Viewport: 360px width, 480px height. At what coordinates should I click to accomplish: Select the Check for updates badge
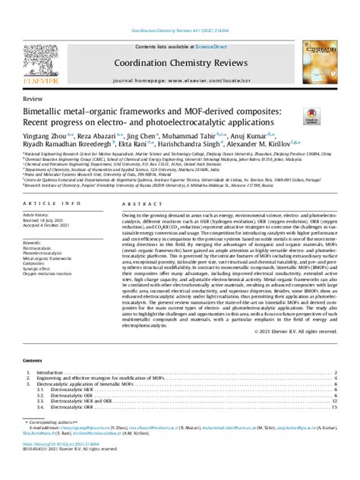(311, 116)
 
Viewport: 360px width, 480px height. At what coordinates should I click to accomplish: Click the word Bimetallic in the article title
(48, 112)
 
